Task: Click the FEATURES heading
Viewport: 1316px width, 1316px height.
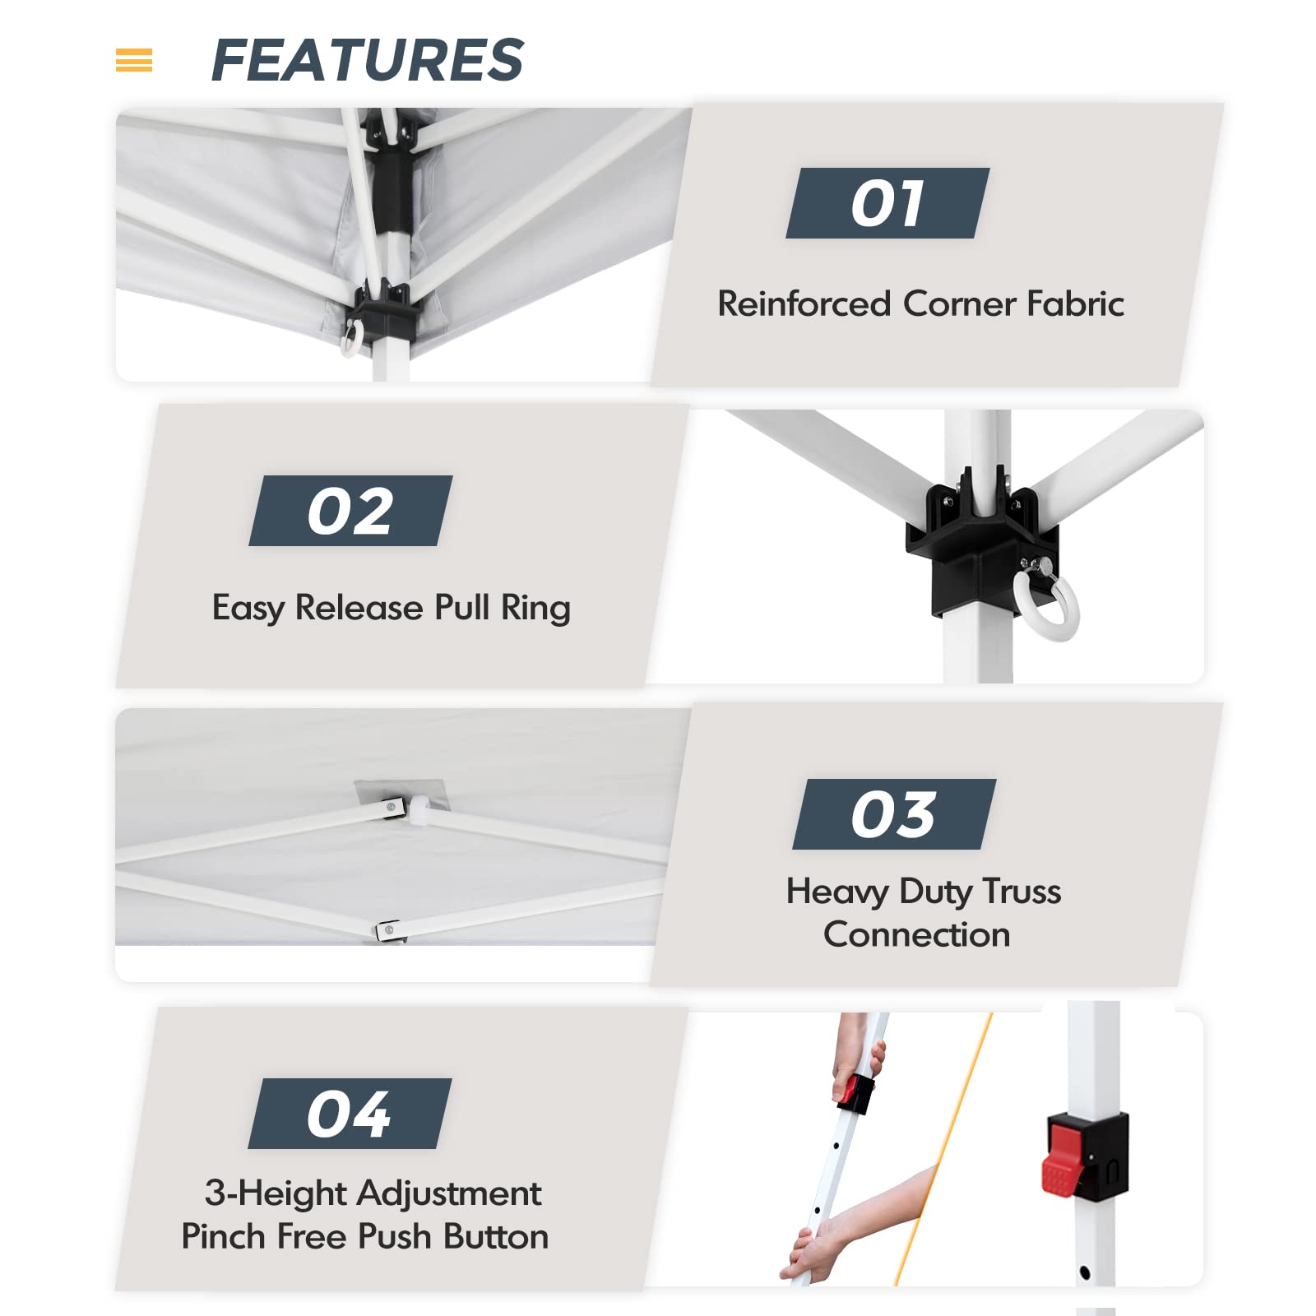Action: (x=367, y=60)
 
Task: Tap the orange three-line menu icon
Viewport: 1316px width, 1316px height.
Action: (x=134, y=60)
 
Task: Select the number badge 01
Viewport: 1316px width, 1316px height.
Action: (x=887, y=203)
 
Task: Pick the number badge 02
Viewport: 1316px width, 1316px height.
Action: (x=350, y=511)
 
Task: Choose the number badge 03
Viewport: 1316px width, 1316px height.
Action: (x=894, y=814)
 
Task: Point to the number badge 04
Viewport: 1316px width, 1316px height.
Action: (x=350, y=1114)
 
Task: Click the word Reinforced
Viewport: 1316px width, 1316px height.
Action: (x=804, y=304)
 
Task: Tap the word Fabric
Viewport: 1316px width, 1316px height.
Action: (x=1074, y=304)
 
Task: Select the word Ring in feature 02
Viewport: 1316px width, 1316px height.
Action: (x=535, y=609)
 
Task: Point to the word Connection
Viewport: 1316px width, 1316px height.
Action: (x=916, y=934)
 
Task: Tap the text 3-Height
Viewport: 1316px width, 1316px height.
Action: (x=279, y=1194)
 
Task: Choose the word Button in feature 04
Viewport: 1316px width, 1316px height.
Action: (x=495, y=1236)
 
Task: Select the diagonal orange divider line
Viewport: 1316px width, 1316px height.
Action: (x=943, y=1148)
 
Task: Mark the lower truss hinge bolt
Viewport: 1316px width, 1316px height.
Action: (x=388, y=930)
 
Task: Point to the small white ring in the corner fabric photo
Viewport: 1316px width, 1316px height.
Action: (x=350, y=338)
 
